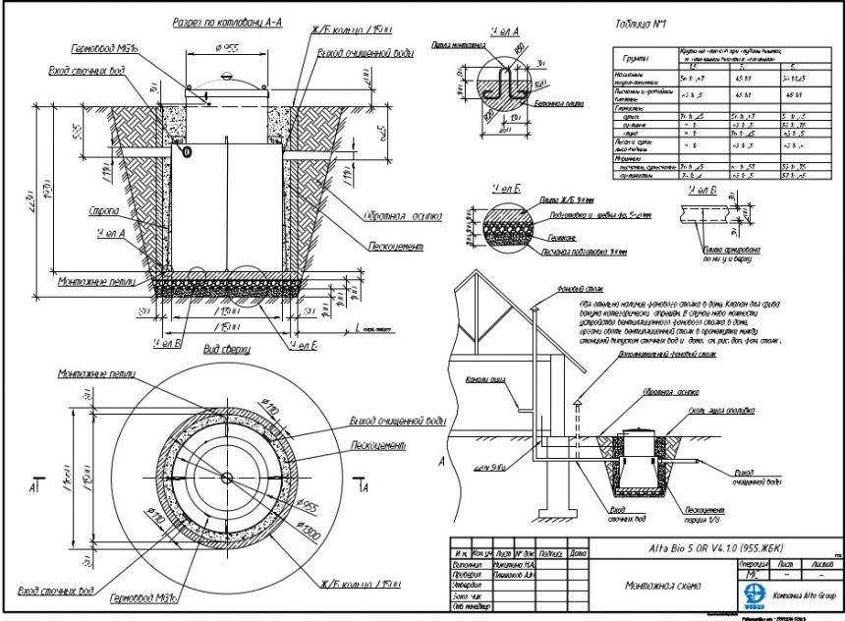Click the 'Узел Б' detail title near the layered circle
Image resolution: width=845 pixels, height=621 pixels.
tap(508, 186)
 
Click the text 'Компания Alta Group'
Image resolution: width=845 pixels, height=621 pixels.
tap(803, 595)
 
